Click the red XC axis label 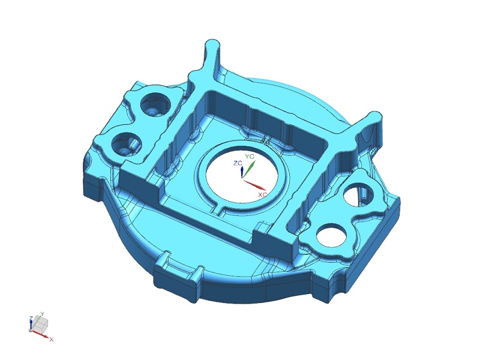(x=262, y=194)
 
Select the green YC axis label (x=250, y=157)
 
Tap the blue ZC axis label (x=238, y=163)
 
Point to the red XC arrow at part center (x=256, y=185)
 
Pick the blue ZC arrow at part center (x=242, y=172)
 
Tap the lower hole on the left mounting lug (x=127, y=145)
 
